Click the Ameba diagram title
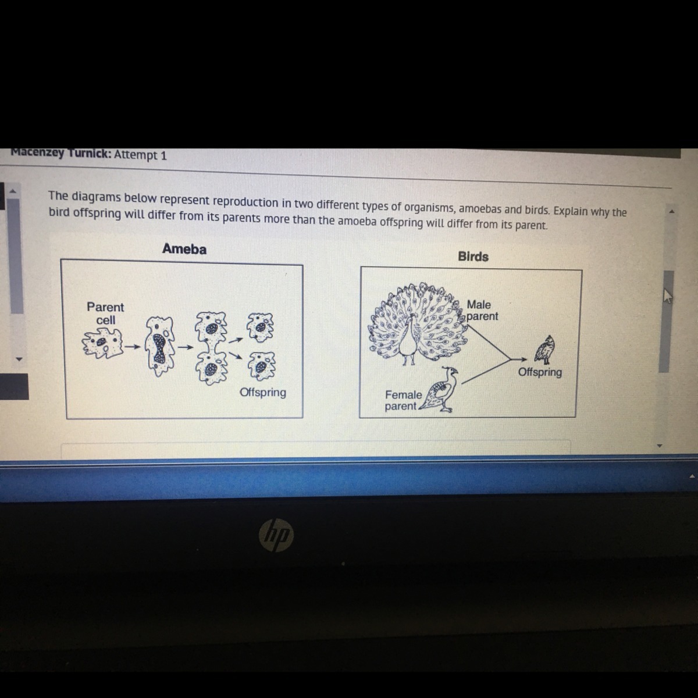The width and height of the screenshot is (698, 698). coord(184,249)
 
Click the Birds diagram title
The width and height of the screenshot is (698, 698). coord(473,257)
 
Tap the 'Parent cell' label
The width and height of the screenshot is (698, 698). coord(105,314)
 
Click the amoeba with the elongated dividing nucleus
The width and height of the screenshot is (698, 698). coord(159,346)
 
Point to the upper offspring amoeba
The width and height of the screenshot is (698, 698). coord(261,327)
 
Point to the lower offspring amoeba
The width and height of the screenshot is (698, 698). coord(261,366)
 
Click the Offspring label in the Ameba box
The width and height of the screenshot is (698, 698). coord(263,392)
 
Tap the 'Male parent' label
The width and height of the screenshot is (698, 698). coord(482,311)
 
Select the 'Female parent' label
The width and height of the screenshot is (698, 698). coord(403,400)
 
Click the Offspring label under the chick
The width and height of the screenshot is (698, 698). coord(540,372)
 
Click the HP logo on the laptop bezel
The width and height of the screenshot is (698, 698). coord(276,535)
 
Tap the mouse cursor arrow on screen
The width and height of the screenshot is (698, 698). coord(668,296)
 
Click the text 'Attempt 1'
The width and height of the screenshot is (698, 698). coord(141,155)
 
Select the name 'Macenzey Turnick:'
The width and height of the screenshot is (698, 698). coord(61,153)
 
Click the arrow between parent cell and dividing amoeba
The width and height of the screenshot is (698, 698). coord(133,347)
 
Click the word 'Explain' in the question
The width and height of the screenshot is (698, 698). coord(571,211)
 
